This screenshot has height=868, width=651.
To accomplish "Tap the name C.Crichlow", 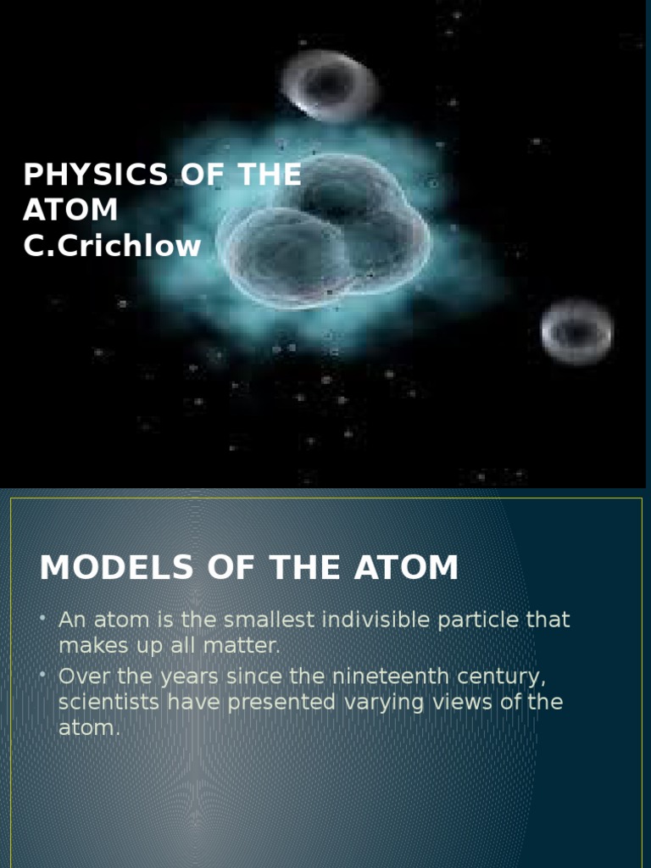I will pos(112,246).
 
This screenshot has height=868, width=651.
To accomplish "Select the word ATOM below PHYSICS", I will pos(70,210).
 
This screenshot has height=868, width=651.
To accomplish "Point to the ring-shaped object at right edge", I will pos(576,330).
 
